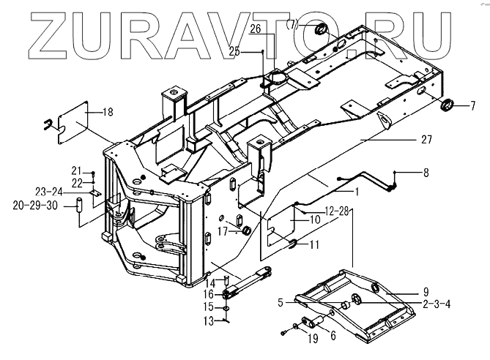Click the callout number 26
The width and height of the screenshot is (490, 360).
click(255, 29)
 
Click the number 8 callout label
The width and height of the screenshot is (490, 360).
click(426, 173)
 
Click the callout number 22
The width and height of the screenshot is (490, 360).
click(75, 181)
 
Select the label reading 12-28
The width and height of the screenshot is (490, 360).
click(338, 211)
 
